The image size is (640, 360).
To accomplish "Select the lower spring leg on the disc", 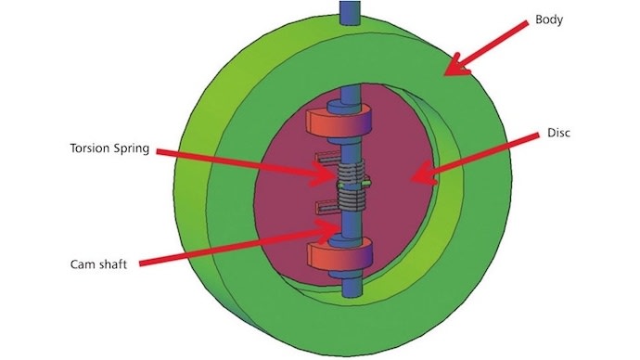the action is [x=326, y=205].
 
